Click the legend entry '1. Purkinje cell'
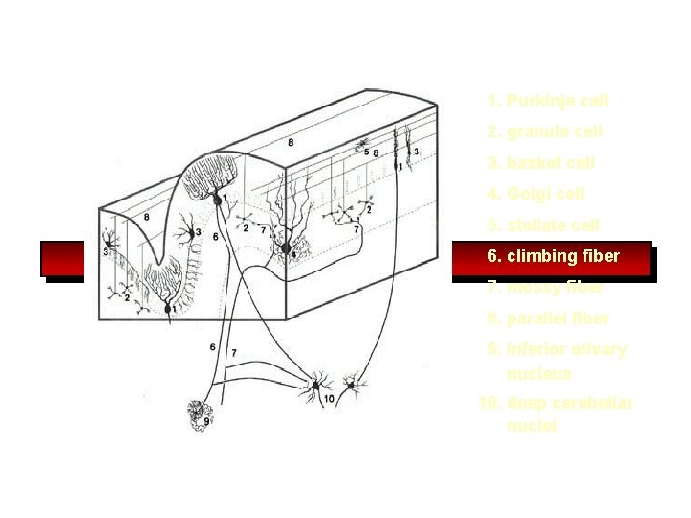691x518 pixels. [547, 101]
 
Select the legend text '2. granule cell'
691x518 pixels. [544, 131]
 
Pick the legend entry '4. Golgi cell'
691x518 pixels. [535, 194]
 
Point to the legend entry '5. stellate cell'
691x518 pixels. [542, 225]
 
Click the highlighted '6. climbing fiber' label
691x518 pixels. [553, 257]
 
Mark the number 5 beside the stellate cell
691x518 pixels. [367, 153]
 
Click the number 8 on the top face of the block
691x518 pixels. [291, 142]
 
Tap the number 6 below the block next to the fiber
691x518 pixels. [212, 346]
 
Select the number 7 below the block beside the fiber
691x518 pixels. [234, 354]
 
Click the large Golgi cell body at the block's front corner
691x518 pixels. [285, 249]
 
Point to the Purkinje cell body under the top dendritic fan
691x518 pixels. [219, 200]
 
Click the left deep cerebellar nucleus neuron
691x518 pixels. [314, 387]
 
